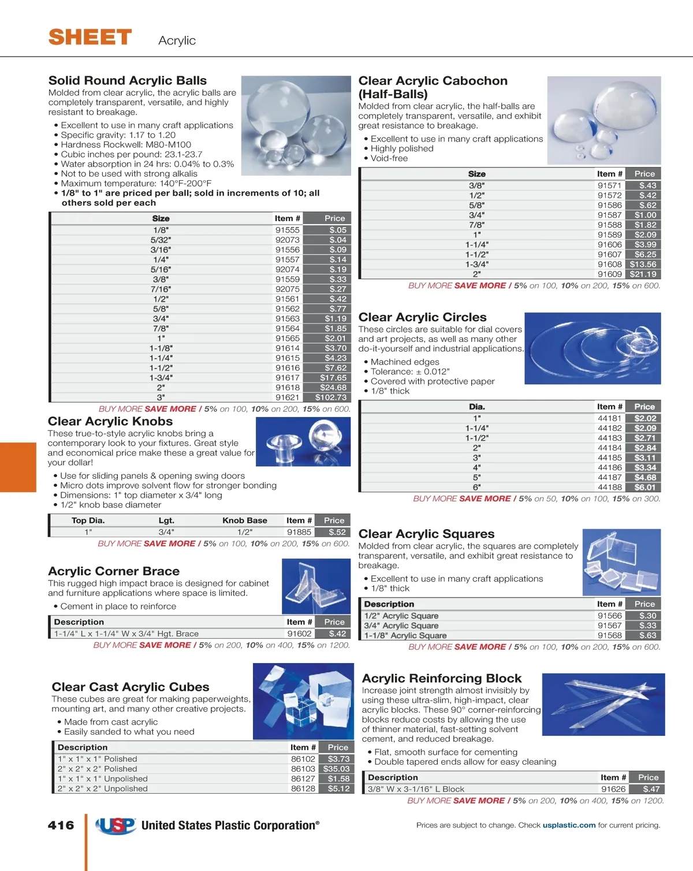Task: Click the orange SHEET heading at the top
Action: click(x=90, y=38)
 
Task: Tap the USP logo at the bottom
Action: click(x=116, y=826)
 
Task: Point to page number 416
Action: click(x=61, y=825)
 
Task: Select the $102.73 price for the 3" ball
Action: click(x=331, y=397)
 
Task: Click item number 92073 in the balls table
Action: click(x=287, y=240)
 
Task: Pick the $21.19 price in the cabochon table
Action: click(x=643, y=274)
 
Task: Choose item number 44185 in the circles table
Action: click(x=609, y=457)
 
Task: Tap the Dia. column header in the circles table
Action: click(x=477, y=407)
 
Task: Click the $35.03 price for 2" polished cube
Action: click(x=336, y=769)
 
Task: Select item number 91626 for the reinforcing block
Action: click(x=613, y=789)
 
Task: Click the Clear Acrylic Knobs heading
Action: click(x=110, y=421)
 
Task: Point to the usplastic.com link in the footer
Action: click(x=569, y=825)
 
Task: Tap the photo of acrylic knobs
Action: click(x=303, y=442)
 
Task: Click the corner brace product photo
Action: click(x=316, y=586)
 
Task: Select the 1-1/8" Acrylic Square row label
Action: click(x=405, y=635)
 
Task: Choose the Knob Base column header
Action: click(x=245, y=520)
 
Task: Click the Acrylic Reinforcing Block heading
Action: click(x=442, y=678)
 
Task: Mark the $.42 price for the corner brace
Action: click(x=337, y=634)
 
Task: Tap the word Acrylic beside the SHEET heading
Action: click(x=177, y=40)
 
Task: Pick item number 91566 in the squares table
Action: click(x=609, y=616)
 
